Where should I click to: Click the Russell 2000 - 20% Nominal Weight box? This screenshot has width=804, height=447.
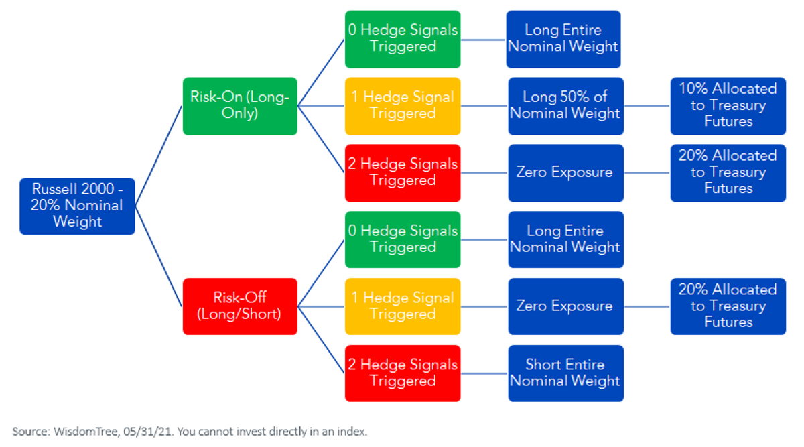pos(77,206)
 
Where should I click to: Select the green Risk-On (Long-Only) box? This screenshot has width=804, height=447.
pos(240,107)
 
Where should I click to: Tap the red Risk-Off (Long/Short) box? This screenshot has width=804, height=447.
pos(240,307)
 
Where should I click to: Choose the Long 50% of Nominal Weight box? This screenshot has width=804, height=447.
pos(565,107)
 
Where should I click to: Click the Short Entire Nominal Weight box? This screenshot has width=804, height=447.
pos(565,373)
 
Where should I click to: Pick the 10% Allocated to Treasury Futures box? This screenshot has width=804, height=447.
pos(728,107)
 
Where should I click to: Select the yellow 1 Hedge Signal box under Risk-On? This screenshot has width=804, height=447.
pos(403,107)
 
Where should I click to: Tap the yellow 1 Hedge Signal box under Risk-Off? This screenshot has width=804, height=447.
pos(403,307)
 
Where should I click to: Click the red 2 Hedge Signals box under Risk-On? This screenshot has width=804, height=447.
pos(403,173)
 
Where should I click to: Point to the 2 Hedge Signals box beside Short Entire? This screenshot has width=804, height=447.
pos(403,373)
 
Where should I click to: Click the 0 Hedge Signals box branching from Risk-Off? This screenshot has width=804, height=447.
pos(403,239)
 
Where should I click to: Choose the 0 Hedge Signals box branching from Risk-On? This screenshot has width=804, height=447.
pos(403,39)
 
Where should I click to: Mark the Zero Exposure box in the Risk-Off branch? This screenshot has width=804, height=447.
pos(565,307)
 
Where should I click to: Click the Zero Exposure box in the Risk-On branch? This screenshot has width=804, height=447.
pos(565,173)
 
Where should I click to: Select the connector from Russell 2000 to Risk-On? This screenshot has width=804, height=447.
pos(159,156)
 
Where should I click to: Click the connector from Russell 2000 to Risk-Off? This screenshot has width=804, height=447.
pos(159,257)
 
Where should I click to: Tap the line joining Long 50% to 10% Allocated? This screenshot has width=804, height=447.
pos(647,106)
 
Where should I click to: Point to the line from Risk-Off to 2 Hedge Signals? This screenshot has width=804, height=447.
pos(321,340)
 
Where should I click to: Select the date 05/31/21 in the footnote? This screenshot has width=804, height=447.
pos(147,431)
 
